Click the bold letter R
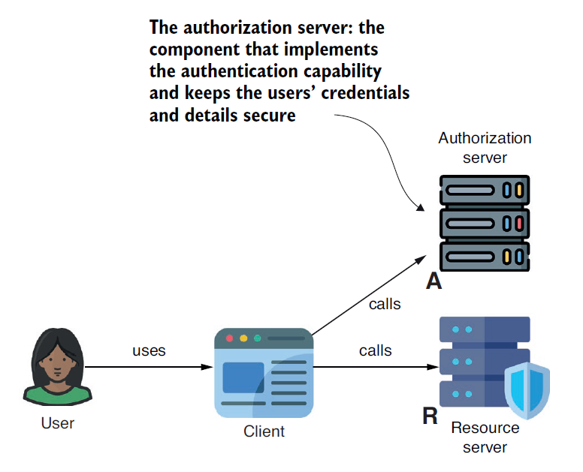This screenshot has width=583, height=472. (430, 416)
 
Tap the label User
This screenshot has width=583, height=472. (58, 423)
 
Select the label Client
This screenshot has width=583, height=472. (264, 431)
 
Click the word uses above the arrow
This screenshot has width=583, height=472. (149, 350)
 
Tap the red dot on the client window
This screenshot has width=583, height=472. (230, 338)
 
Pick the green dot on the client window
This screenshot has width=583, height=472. (257, 338)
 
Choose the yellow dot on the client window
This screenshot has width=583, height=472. (243, 338)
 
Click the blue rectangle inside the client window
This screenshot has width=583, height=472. (243, 377)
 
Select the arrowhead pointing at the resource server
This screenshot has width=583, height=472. (433, 368)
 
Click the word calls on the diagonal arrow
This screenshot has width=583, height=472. (385, 304)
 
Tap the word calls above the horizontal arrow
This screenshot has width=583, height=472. (375, 350)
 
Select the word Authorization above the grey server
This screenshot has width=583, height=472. (485, 138)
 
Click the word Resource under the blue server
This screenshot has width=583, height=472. (485, 428)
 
